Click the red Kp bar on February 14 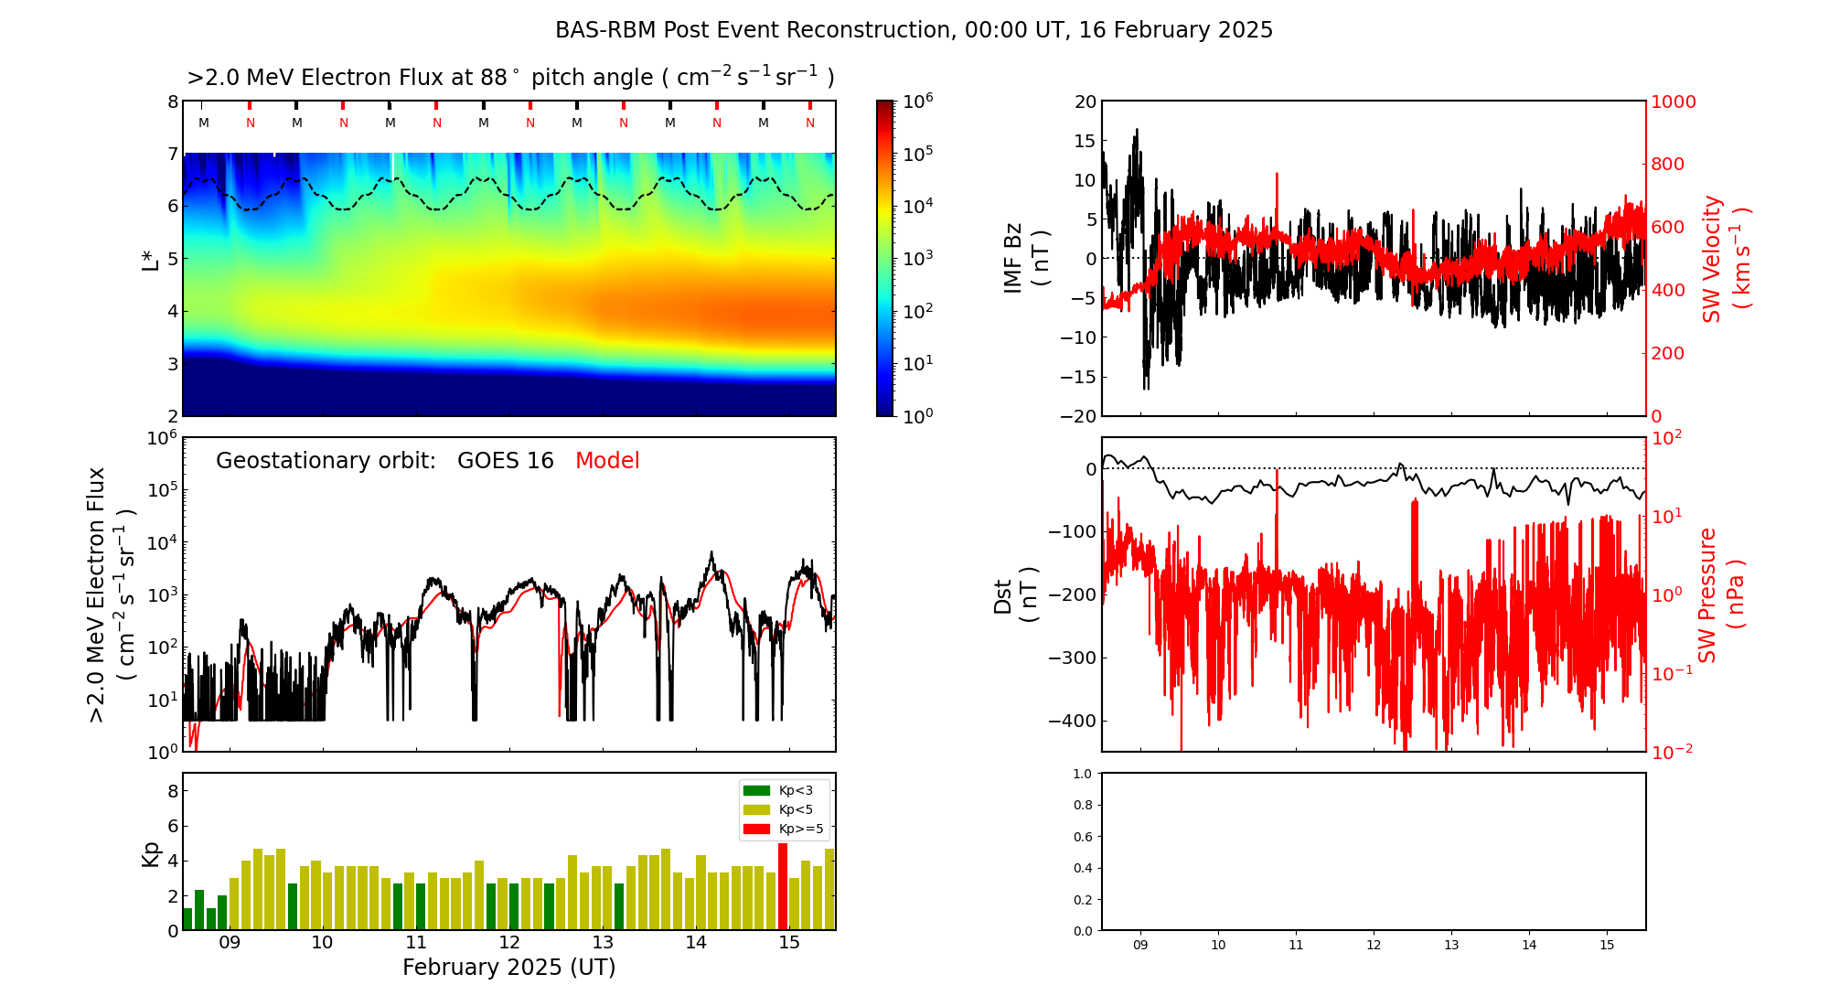[783, 886]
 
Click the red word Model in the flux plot [607, 461]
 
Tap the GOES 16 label [506, 461]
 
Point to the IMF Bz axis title [1027, 259]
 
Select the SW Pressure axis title [1720, 594]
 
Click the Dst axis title [1016, 594]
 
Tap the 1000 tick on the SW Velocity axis [1673, 102]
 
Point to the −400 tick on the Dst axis [1072, 721]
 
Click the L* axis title [151, 259]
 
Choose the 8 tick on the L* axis [173, 102]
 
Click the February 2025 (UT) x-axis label [508, 968]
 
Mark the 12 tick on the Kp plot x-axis [509, 943]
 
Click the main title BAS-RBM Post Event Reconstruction [914, 30]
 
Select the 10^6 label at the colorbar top [917, 100]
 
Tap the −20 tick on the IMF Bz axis [1078, 416]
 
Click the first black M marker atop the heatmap [204, 123]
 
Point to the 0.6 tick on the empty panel [1082, 837]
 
